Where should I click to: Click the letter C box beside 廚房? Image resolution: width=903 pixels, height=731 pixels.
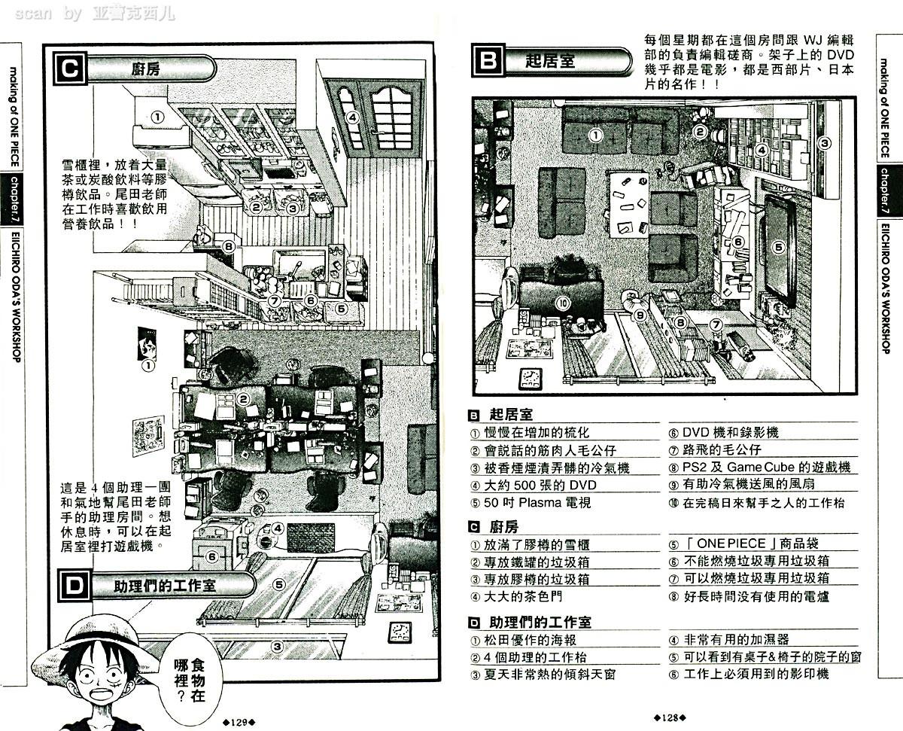click(69, 69)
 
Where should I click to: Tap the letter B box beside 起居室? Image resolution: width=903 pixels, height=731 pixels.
click(488, 60)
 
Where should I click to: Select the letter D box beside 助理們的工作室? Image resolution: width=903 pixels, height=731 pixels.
click(73, 586)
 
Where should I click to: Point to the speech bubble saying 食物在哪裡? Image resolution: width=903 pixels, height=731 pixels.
click(188, 677)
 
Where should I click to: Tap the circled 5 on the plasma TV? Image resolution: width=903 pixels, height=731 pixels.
click(779, 245)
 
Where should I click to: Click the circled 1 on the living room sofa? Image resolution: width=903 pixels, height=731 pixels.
click(595, 136)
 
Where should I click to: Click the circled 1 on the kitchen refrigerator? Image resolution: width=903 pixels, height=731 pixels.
click(157, 117)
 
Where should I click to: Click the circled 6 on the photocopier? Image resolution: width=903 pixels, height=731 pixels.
click(212, 556)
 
